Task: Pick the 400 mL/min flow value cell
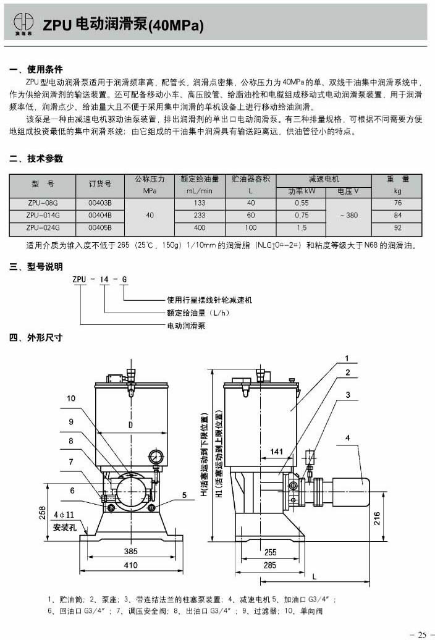(199, 227)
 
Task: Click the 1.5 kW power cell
(302, 227)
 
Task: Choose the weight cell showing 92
(397, 227)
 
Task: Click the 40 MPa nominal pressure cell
(150, 215)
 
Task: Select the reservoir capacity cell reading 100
(251, 227)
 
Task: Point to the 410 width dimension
(130, 565)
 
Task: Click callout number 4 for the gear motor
(348, 438)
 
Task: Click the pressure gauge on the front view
(156, 458)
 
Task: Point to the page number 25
(422, 634)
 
